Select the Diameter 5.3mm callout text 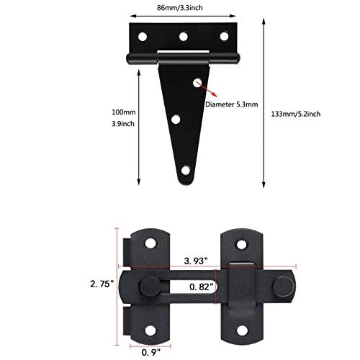click(235, 102)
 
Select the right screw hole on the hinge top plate click(223, 34)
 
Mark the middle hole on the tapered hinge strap click(177, 118)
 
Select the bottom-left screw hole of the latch click(153, 331)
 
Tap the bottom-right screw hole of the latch click(240, 331)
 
